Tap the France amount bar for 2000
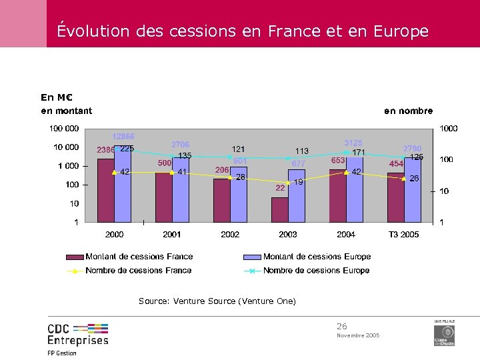point(105,190)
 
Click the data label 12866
point(123,137)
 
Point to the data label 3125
point(353,143)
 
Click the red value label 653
point(338,161)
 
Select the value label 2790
point(412,148)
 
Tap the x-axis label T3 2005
point(404,235)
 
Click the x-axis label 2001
point(172,235)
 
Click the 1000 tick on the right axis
point(448,128)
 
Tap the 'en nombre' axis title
point(408,111)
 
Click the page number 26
point(342,326)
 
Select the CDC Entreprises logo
point(77,335)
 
